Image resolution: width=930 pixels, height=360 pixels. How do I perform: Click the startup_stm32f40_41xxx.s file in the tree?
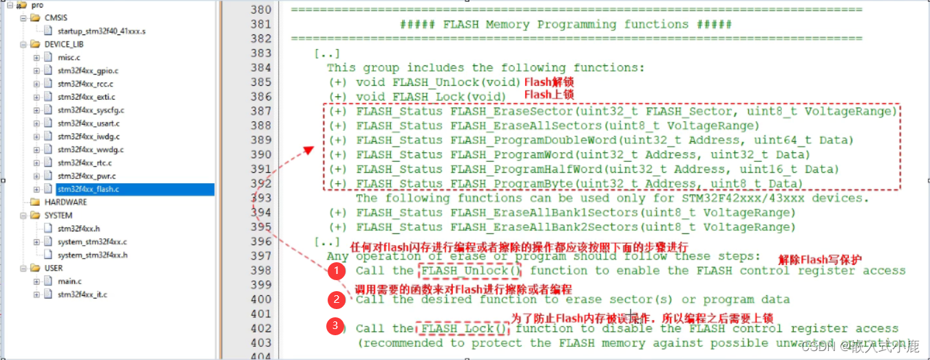click(101, 31)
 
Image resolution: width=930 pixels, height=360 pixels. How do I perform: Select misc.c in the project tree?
click(69, 57)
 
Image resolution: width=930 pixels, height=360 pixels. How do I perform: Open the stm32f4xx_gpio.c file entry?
click(87, 70)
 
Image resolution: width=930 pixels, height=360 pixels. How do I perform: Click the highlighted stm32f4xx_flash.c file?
click(87, 189)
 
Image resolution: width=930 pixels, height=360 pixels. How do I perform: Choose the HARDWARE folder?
click(65, 202)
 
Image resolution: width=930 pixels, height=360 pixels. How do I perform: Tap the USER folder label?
click(53, 268)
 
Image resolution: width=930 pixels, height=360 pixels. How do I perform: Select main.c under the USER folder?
click(70, 281)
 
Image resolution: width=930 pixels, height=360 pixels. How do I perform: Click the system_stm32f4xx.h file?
click(92, 255)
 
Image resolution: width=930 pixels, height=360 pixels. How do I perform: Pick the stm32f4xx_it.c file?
click(82, 295)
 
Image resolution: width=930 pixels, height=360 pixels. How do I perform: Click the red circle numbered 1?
click(336, 271)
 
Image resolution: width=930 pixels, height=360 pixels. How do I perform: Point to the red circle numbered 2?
click(336, 299)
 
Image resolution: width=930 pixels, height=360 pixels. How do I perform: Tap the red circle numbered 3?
click(336, 326)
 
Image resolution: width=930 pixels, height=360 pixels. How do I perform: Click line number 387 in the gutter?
click(261, 111)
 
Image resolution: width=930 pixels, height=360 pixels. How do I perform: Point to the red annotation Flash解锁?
click(549, 83)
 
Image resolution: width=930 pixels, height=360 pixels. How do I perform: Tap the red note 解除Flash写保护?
click(820, 260)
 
